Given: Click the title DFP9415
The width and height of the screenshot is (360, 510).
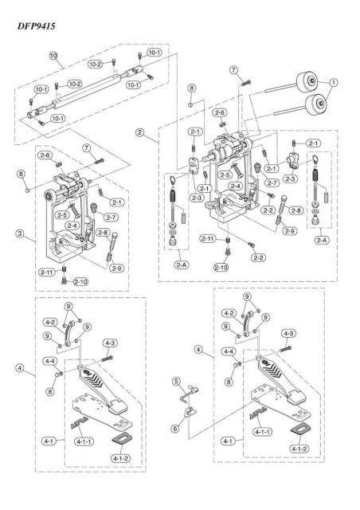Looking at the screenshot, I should pyautogui.click(x=33, y=25).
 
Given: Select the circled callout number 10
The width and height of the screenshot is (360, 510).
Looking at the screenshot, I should pyautogui.click(x=54, y=56).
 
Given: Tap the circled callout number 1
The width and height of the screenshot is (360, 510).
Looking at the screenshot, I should pyautogui.click(x=334, y=80).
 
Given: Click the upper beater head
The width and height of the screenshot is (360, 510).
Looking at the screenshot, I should pyautogui.click(x=307, y=80).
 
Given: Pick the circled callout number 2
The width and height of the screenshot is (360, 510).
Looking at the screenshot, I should pyautogui.click(x=140, y=131).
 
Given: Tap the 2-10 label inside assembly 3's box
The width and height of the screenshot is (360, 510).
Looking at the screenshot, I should pyautogui.click(x=80, y=281).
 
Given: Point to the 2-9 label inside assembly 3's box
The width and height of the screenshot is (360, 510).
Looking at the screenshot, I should pyautogui.click(x=117, y=268).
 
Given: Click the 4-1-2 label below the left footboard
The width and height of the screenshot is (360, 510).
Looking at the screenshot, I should pyautogui.click(x=120, y=458).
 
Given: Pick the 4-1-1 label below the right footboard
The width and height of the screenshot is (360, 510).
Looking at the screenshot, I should pyautogui.click(x=261, y=431).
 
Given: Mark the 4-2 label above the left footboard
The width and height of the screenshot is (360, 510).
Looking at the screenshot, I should pyautogui.click(x=49, y=322).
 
